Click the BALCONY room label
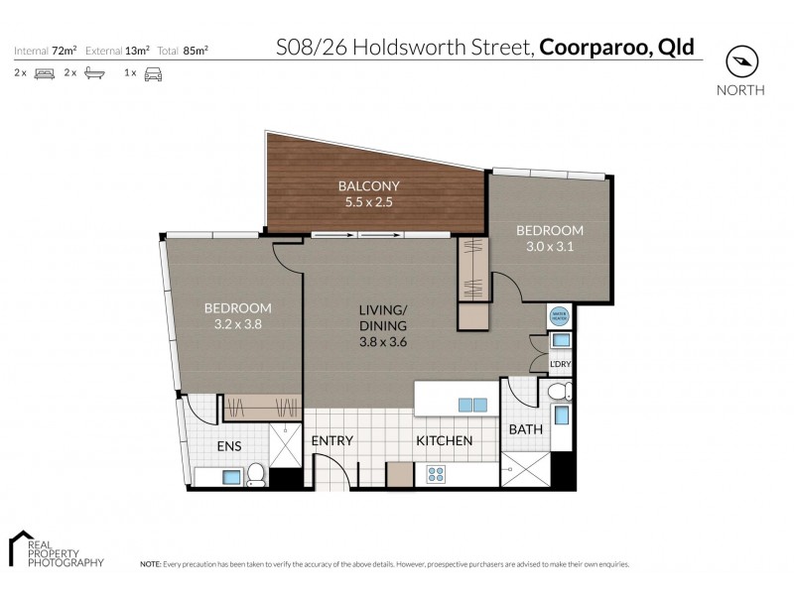click(370, 186)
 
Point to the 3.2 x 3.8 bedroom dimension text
click(237, 322)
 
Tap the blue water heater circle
click(558, 315)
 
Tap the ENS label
click(230, 447)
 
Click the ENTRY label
click(332, 440)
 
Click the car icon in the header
click(153, 73)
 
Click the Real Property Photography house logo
click(23, 547)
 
